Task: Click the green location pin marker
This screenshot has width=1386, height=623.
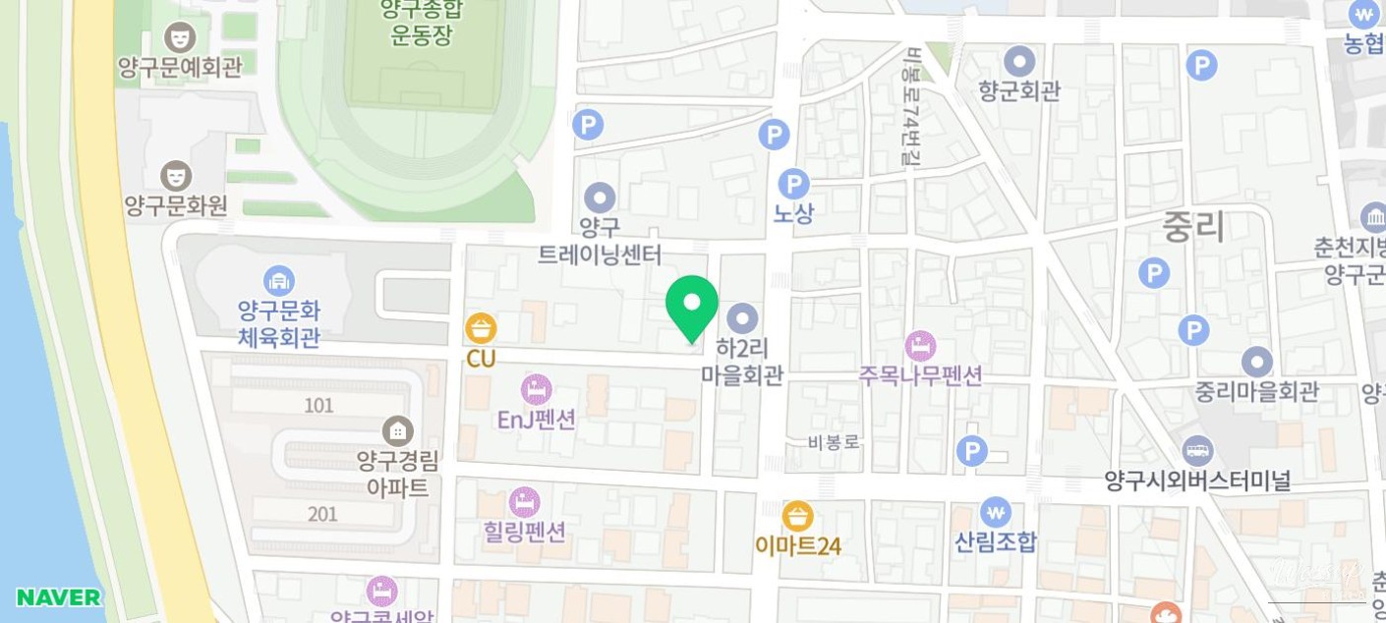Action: coord(691,306)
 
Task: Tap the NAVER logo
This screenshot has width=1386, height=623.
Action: coord(59,597)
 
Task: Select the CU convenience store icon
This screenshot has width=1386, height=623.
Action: coord(481,328)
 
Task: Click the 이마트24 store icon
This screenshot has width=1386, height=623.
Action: coord(797,516)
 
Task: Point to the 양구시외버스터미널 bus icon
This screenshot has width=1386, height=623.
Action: coord(1197,452)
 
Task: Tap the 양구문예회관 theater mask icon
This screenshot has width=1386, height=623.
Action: coord(180,37)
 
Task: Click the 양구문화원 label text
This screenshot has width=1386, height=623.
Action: coord(176,205)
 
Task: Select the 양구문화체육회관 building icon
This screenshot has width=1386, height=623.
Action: coord(279,281)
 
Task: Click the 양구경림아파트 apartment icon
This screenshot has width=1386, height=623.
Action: coord(398,430)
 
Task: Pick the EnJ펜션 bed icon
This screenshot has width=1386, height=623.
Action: coord(536,389)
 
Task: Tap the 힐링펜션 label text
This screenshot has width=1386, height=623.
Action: coord(525,532)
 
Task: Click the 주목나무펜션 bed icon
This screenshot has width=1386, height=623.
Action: coord(920,346)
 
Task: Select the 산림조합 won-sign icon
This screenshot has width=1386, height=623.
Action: coord(995,512)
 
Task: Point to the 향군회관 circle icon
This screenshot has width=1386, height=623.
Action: coord(1019,62)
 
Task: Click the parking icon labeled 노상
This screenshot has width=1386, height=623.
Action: coord(793,184)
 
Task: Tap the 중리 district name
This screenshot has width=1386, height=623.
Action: coord(1193,226)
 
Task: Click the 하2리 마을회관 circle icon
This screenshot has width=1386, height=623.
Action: coord(742,318)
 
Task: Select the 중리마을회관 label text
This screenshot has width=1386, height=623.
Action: coord(1256,391)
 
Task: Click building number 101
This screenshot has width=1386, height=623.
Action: coord(318,405)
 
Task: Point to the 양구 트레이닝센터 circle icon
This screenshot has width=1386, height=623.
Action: coord(600,198)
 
